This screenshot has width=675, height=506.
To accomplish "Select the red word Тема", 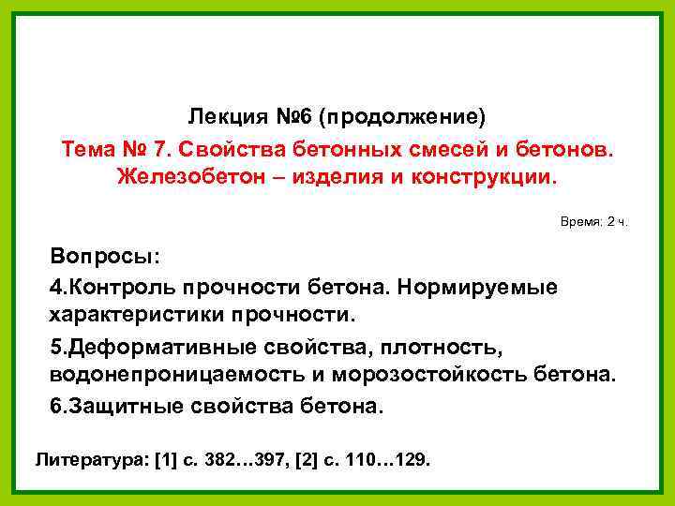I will (88, 150).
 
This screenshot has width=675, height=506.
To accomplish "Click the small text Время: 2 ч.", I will (594, 221).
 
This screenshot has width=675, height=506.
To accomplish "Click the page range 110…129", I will (384, 460).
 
